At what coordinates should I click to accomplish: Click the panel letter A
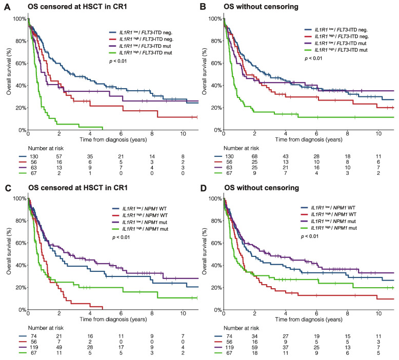coord(7,7)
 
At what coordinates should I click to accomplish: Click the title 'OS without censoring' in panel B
coord(261,6)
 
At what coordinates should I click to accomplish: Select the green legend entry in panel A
coord(141,53)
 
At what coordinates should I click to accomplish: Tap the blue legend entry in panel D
coord(328,208)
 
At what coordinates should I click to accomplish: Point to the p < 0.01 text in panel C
coord(121,237)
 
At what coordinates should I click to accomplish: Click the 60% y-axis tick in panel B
coord(215,63)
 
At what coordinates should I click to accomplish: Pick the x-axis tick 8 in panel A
coord(152,133)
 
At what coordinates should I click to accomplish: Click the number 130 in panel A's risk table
coord(33,156)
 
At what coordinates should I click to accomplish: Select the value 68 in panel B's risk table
coord(254,156)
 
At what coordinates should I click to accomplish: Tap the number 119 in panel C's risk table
coord(33,347)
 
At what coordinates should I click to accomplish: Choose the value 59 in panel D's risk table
coord(254,347)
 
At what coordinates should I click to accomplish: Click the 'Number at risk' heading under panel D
coord(241,328)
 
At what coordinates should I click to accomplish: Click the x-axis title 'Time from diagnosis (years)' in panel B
coord(309,139)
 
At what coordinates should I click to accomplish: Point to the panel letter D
coord(203,188)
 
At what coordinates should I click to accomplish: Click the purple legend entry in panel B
coord(336,43)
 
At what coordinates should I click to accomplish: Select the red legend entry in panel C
coord(140,215)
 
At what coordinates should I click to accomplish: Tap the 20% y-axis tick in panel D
coord(215,288)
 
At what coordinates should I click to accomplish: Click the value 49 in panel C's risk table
coord(59,347)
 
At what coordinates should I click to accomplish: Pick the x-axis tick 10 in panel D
coord(378,313)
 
